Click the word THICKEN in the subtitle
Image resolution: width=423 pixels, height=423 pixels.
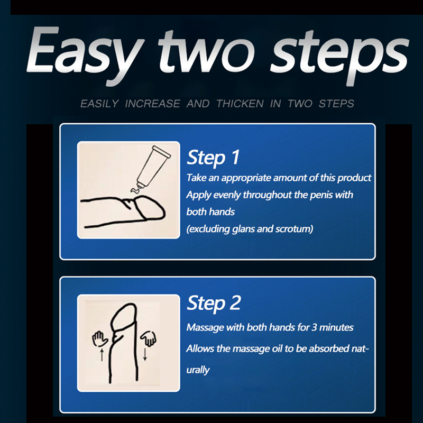click(240, 104)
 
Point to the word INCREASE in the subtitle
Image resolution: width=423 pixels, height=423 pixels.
click(152, 104)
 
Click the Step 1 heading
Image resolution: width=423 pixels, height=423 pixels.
click(213, 158)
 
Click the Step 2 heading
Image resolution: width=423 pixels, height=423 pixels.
click(214, 303)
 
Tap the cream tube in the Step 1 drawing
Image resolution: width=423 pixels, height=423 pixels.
click(153, 167)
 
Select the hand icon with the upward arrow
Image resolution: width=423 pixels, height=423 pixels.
click(99, 338)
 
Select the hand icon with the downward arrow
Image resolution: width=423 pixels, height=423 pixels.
click(149, 338)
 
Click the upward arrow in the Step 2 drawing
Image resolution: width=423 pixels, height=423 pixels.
click(102, 354)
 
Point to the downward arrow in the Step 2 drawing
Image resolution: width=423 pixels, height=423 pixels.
click(145, 354)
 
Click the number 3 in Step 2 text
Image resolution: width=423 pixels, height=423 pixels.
click(314, 327)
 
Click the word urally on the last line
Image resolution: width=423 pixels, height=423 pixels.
click(198, 370)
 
